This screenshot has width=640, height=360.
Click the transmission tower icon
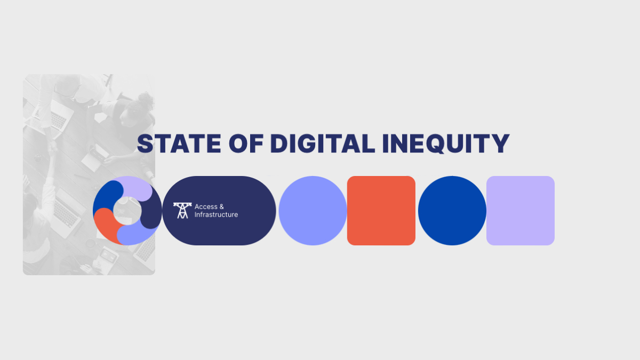pos(182,210)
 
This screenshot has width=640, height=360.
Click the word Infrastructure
pos(216,215)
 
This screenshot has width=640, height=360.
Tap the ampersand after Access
pos(221,206)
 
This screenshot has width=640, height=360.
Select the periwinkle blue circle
pos(313,211)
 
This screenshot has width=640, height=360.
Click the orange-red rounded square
pos(381,211)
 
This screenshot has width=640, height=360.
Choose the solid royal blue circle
pos(452,211)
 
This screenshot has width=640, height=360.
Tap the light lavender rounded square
pos(521,211)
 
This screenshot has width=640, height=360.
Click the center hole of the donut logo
pos(127,210)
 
